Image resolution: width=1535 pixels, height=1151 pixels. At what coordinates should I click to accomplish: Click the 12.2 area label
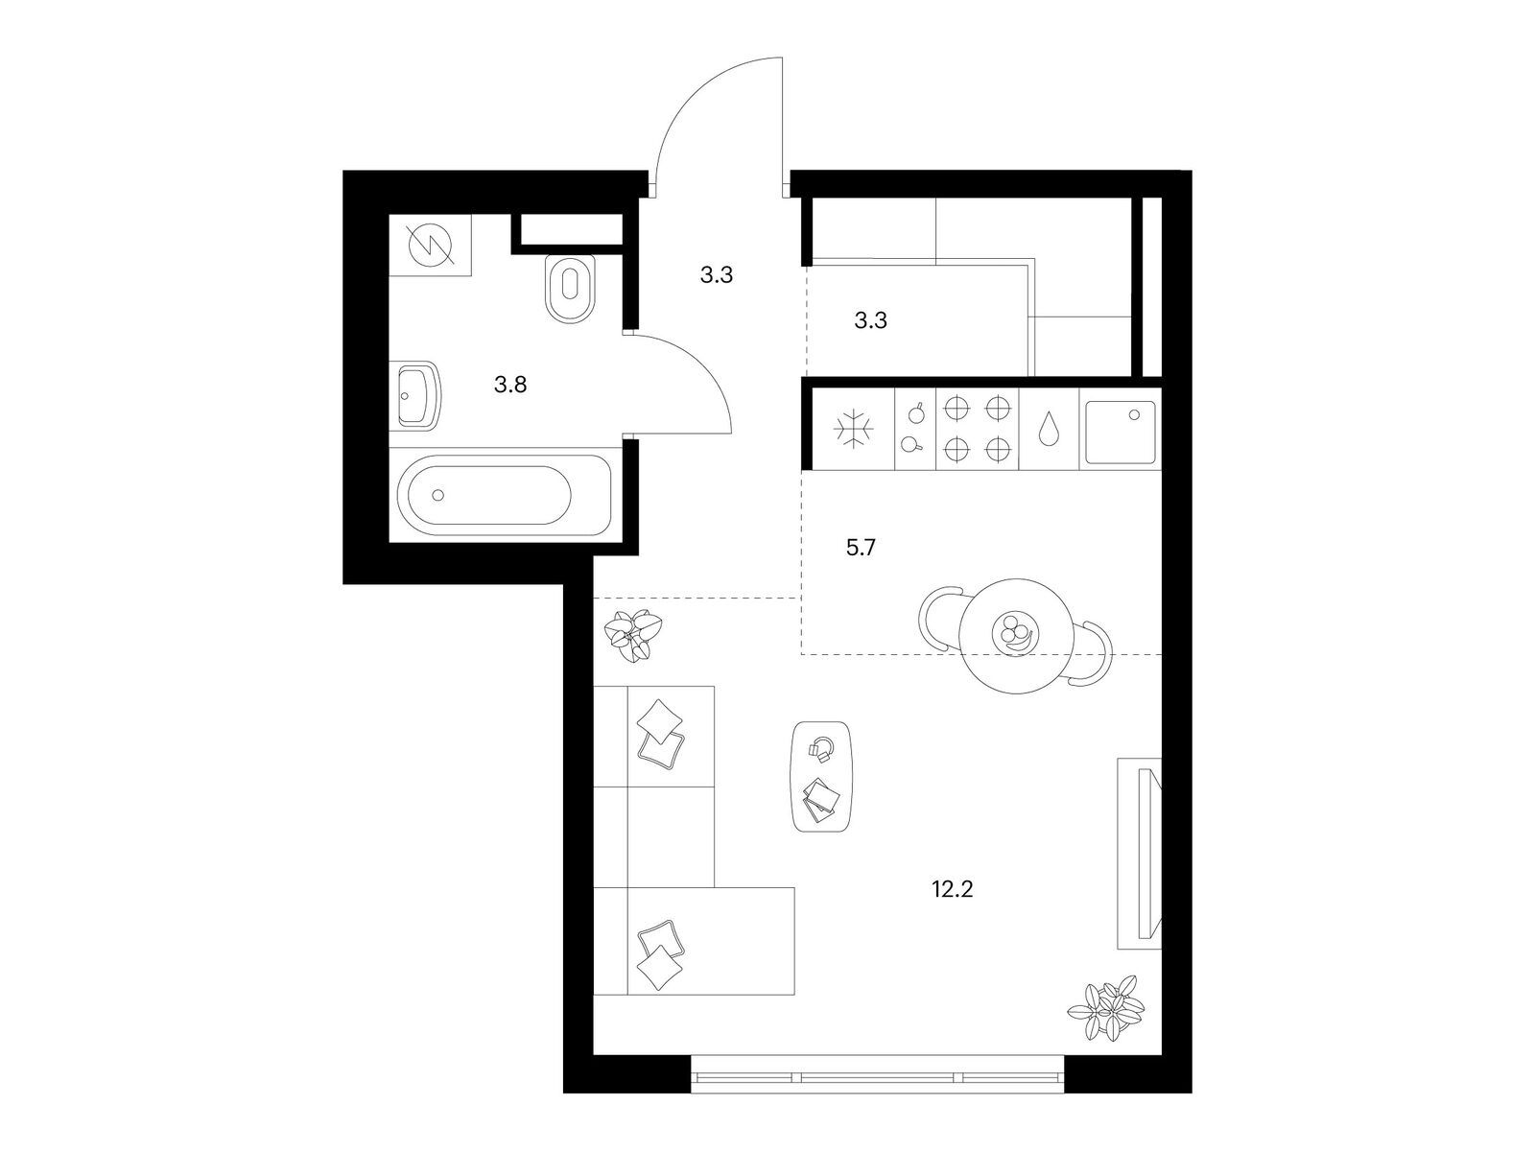(x=952, y=890)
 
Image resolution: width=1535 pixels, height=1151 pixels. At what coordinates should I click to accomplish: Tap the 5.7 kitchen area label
(x=861, y=547)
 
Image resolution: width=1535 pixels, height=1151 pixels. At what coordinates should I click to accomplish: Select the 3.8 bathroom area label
(x=510, y=384)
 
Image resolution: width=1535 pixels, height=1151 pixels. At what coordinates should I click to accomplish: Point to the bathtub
(x=503, y=495)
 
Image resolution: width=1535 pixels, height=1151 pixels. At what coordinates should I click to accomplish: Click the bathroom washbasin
(x=418, y=395)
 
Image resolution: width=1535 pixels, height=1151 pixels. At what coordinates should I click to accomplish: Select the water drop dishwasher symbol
(x=1049, y=428)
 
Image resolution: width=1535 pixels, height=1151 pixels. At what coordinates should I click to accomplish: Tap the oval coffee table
(x=821, y=776)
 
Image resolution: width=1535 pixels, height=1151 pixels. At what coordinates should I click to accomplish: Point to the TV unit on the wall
(x=1139, y=854)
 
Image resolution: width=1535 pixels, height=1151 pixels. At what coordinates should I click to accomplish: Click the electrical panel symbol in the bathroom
(x=430, y=246)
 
